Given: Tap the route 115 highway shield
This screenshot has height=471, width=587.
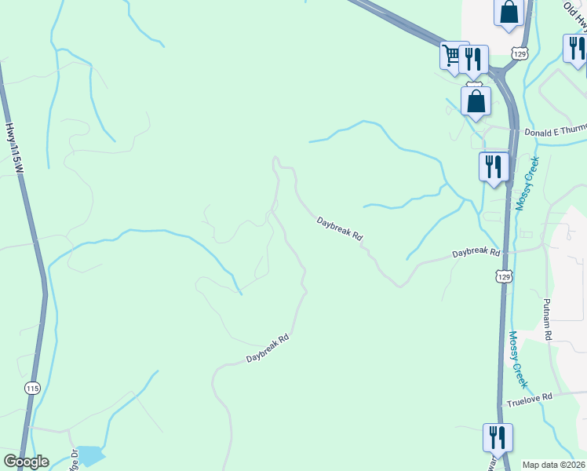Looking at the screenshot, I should coord(32,389).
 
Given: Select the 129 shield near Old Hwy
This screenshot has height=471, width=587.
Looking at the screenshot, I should coord(520,53).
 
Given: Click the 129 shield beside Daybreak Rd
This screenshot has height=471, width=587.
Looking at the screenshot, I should coord(504,276).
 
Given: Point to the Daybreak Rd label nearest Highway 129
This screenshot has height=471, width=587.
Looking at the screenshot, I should coord(476,254).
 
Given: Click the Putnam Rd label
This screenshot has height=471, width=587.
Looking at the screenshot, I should coord(548,317).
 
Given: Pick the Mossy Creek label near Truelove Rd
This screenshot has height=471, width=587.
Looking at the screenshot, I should coord(520,359).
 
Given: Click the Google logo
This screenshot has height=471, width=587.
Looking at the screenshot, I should coord(26,462).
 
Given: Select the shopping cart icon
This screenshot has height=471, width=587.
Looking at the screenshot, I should coord(451,56).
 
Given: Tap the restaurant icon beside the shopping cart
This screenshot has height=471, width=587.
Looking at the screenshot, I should coord(473,58).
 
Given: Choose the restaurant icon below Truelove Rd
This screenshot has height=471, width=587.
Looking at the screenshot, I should coord(498,437).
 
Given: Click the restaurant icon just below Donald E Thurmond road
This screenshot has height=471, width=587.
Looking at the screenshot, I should coord(494,166).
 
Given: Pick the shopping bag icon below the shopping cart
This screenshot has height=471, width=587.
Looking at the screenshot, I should coord(476,100).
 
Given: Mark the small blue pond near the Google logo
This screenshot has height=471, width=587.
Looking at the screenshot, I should coord(90,455).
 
